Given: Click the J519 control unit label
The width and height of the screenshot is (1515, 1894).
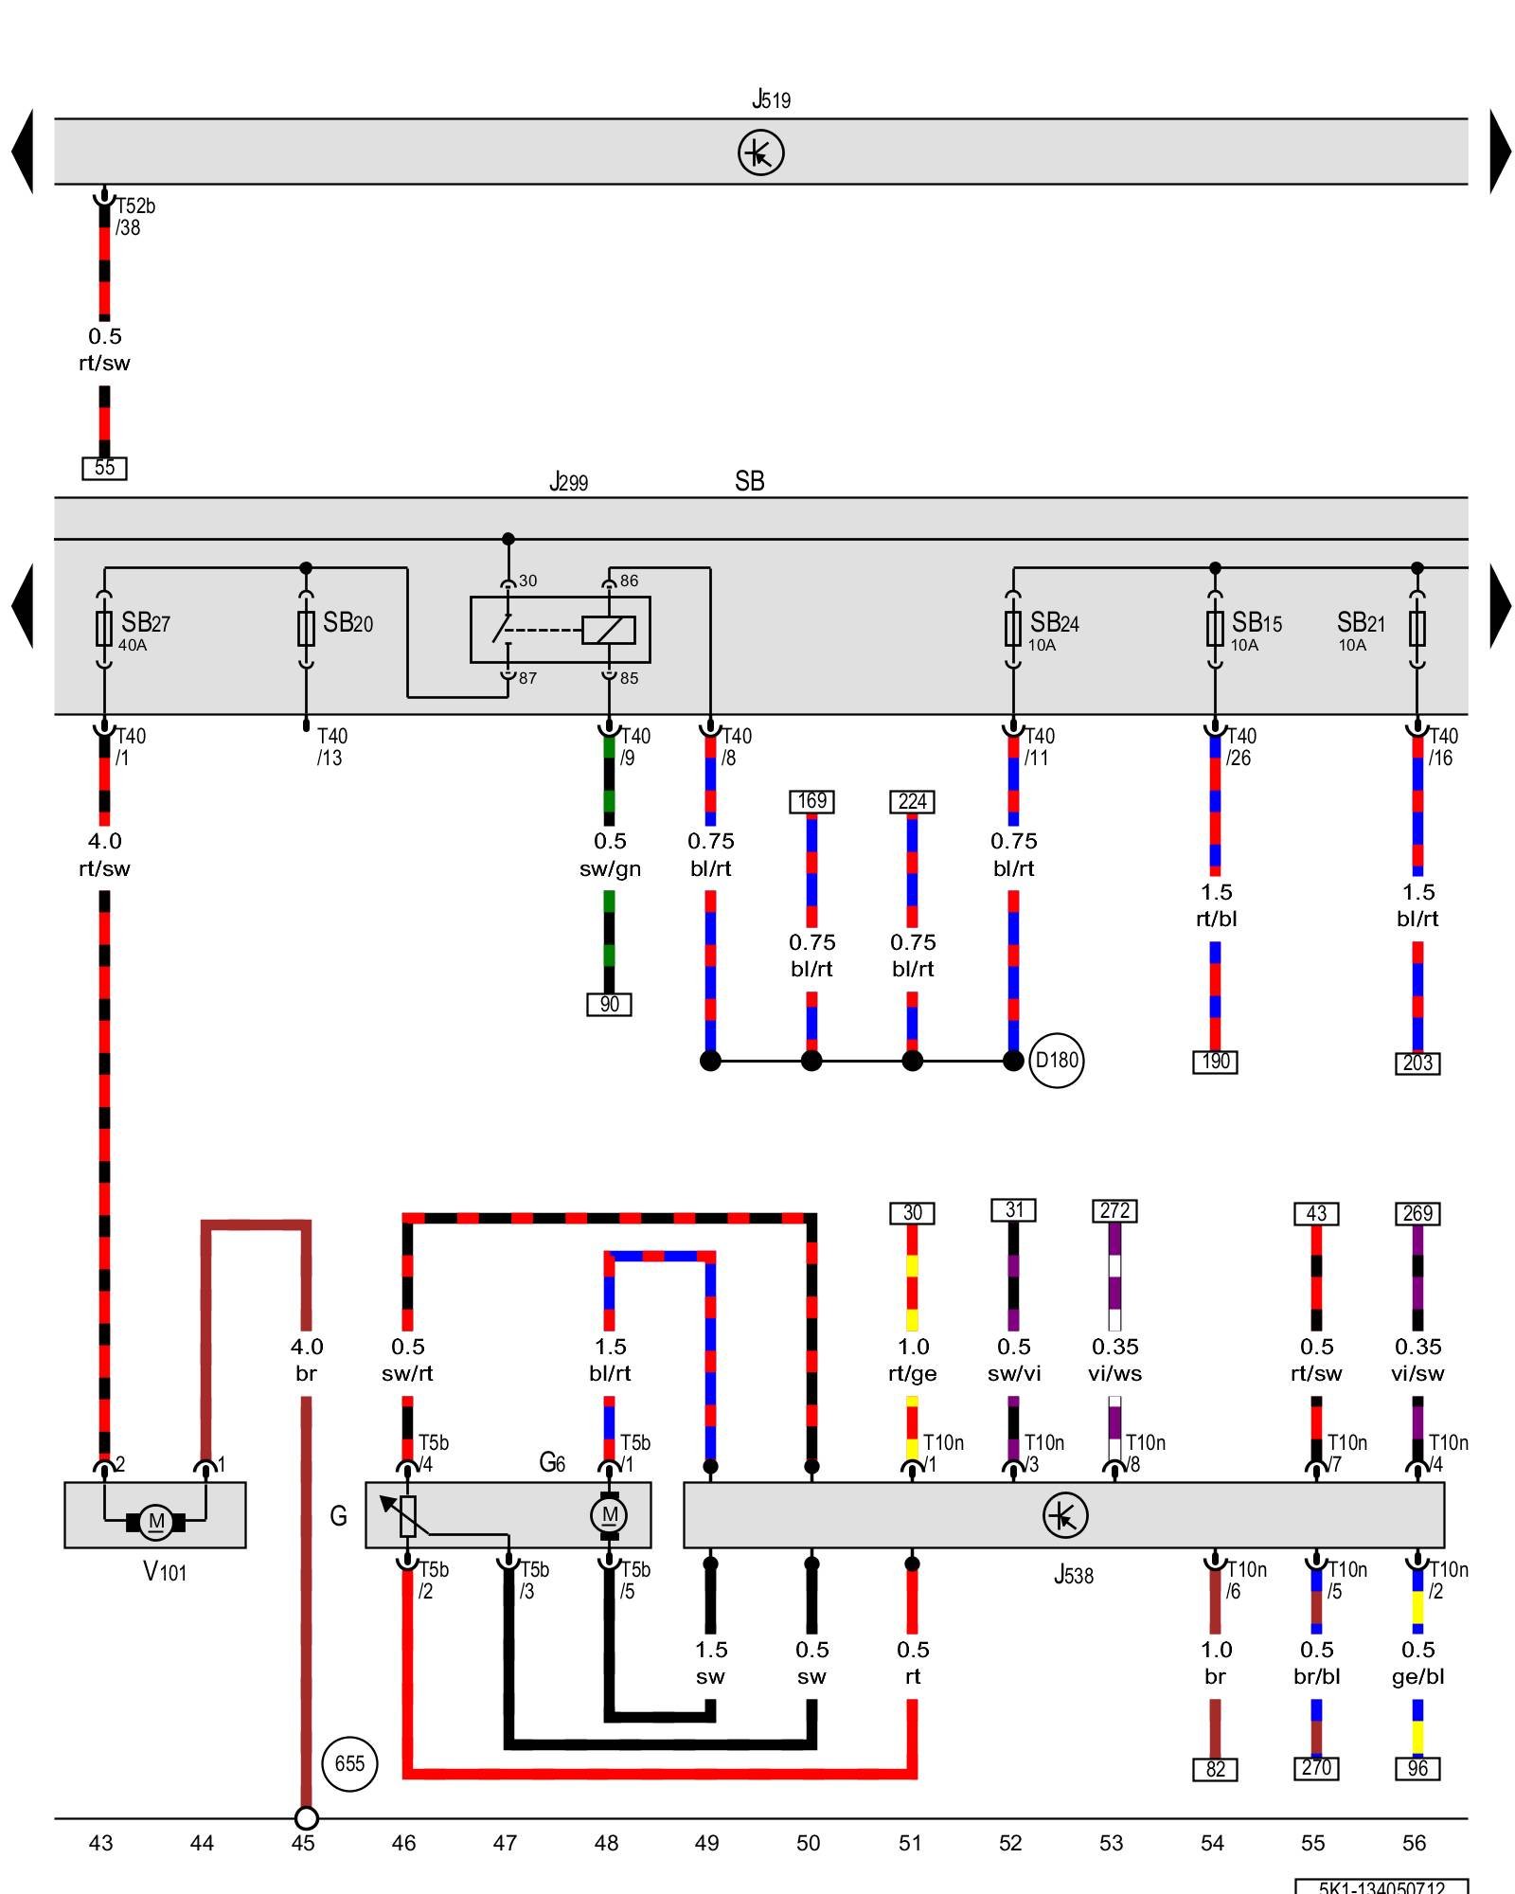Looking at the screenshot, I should (x=771, y=99).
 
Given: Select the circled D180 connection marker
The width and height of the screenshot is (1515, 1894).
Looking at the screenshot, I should (x=1056, y=1061).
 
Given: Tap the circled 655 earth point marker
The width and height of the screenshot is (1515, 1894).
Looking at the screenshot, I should (x=349, y=1763).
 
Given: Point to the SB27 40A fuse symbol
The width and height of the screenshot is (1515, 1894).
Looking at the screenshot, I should (x=104, y=628).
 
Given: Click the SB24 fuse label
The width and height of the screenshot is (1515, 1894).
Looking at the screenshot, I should (x=1054, y=623).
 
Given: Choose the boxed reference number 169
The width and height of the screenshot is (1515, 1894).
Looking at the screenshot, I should (x=811, y=801).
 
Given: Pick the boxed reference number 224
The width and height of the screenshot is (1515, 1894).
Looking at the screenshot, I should (x=912, y=801).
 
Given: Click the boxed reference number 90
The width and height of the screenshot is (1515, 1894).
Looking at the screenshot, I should (x=609, y=1004).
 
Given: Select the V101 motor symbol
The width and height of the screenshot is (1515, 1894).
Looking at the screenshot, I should (x=155, y=1522).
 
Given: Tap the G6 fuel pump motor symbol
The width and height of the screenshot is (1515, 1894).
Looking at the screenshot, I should (x=609, y=1515).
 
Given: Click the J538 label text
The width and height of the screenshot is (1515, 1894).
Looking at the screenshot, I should (x=1073, y=1575).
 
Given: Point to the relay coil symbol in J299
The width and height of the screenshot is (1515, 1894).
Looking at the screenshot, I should (x=608, y=630).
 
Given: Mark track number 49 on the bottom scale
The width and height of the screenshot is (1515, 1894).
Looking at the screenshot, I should (x=706, y=1843).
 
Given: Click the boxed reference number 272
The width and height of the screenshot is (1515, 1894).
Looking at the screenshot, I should (x=1114, y=1211).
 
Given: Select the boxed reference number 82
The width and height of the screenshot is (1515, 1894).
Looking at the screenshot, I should (x=1215, y=1769).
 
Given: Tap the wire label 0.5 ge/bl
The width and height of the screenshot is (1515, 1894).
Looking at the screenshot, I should (x=1417, y=1663).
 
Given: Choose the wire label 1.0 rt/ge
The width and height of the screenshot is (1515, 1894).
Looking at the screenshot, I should (x=912, y=1360).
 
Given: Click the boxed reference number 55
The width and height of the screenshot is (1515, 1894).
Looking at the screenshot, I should (x=104, y=468).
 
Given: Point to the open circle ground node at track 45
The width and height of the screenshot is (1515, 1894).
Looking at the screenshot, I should (x=306, y=1818).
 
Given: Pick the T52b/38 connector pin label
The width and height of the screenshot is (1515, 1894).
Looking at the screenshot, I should (x=134, y=216).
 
